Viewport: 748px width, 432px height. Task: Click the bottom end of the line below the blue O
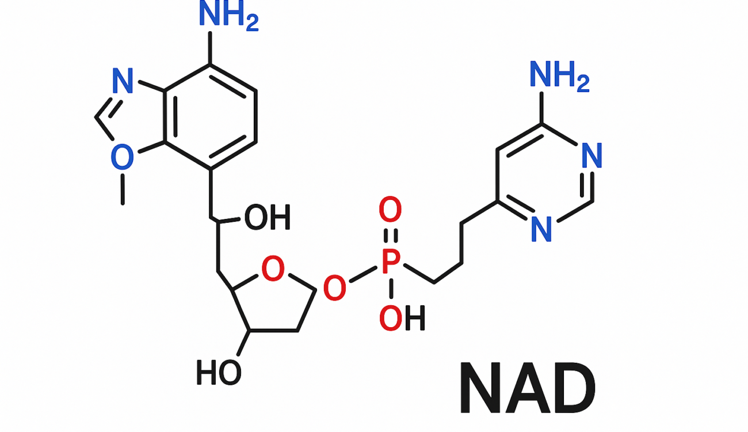123,204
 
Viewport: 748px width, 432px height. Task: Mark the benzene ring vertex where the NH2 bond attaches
210,64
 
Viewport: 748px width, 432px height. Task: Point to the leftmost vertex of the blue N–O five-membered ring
96,118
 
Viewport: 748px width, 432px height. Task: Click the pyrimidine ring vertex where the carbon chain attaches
497,202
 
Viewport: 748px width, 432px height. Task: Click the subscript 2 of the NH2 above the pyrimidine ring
583,84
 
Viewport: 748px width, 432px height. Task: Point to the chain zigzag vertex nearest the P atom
434,283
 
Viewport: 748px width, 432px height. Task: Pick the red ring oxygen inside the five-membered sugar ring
273,268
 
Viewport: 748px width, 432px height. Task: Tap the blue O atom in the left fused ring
122,157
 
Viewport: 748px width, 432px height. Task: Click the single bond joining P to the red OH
391,289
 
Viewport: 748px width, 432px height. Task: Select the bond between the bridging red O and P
363,275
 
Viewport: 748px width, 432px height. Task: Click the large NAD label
527,388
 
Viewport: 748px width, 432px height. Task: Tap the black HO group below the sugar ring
219,373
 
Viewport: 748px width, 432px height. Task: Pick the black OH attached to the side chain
268,217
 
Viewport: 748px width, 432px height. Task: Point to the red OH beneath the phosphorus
402,318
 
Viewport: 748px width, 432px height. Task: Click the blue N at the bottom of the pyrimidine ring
541,229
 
